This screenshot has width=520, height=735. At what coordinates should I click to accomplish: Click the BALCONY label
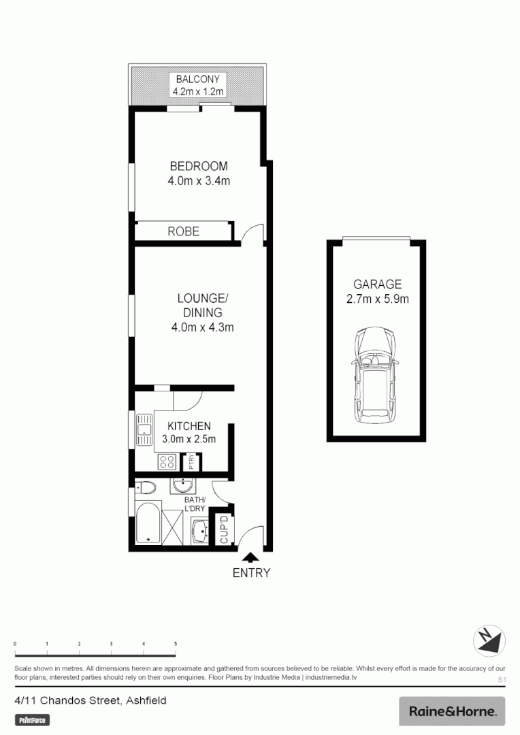coord(197,79)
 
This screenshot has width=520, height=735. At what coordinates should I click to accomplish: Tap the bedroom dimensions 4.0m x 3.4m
coord(198,181)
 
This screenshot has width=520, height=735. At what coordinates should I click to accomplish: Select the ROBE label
coord(183,231)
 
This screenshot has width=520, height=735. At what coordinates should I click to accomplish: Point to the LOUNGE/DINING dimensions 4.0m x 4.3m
coord(202,328)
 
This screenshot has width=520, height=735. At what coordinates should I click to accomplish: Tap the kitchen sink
coord(144,430)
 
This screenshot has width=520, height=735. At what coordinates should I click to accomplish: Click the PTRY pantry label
coord(192,462)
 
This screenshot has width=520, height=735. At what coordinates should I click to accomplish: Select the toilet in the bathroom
coord(145,487)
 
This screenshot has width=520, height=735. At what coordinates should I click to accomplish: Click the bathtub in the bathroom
coord(148,523)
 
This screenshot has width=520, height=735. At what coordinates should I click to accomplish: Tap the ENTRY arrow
coord(251,557)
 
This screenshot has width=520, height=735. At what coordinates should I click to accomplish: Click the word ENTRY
coord(251,573)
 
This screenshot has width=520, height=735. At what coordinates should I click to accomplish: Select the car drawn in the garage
coord(376,374)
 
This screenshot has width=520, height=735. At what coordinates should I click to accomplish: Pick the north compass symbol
coord(489,641)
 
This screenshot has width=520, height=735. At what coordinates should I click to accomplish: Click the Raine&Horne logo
coord(452,712)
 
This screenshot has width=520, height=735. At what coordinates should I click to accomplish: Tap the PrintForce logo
coord(33,719)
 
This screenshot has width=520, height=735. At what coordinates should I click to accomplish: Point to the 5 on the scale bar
coord(176,643)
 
